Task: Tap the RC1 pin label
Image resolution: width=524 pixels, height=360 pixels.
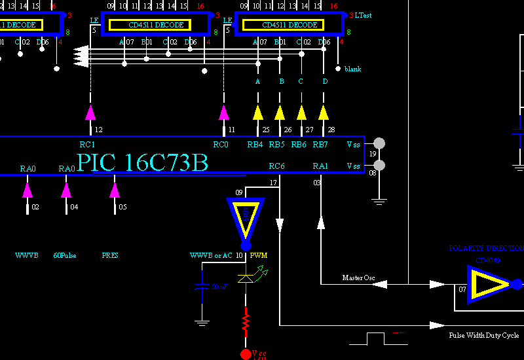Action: (x=87, y=145)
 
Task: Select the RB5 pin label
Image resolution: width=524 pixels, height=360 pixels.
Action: (x=276, y=145)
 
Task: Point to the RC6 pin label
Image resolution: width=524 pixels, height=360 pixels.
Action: (x=276, y=166)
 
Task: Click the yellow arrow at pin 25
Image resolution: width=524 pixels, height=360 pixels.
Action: (x=258, y=112)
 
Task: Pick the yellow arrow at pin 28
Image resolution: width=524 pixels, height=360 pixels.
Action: (x=324, y=112)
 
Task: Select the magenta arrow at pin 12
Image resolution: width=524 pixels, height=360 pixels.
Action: (x=90, y=112)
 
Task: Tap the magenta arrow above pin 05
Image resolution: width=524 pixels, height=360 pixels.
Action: (x=115, y=190)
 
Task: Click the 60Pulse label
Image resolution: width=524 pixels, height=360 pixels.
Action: (x=64, y=255)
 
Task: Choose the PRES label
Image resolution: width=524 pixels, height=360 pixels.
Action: (x=110, y=255)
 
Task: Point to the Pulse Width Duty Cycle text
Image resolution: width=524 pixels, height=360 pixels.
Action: (x=483, y=335)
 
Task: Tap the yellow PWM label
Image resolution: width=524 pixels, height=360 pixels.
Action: (x=259, y=255)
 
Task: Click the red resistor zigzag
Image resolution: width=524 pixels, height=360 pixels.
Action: (x=246, y=323)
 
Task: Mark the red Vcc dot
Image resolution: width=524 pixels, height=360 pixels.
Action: (x=246, y=354)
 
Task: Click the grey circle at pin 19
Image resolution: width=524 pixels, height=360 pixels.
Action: (x=379, y=143)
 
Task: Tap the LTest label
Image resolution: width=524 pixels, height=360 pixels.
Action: (x=364, y=15)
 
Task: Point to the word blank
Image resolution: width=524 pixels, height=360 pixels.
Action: (x=352, y=69)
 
